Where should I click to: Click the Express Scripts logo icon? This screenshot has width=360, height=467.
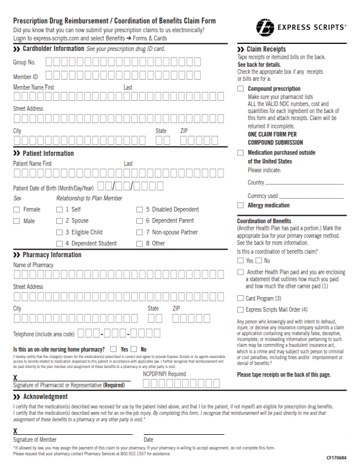[265, 27]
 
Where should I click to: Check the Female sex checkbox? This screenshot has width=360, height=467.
[16, 209]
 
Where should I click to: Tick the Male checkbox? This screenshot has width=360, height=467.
[16, 221]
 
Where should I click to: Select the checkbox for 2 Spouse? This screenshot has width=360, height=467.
[59, 221]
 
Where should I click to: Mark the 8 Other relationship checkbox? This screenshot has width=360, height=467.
[139, 243]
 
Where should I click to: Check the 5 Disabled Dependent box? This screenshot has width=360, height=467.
[139, 209]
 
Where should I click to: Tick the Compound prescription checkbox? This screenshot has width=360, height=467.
[241, 88]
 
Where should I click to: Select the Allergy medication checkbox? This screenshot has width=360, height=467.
[241, 205]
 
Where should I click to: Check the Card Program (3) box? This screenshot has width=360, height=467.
[241, 298]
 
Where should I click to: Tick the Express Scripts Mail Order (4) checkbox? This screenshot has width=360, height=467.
[241, 309]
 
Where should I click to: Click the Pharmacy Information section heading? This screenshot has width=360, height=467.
[52, 255]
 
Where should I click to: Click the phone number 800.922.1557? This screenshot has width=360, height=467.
[133, 454]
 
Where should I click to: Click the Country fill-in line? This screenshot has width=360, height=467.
[305, 183]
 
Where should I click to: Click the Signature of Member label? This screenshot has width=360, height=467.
[35, 439]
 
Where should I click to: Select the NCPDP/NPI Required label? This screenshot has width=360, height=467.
[164, 374]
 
